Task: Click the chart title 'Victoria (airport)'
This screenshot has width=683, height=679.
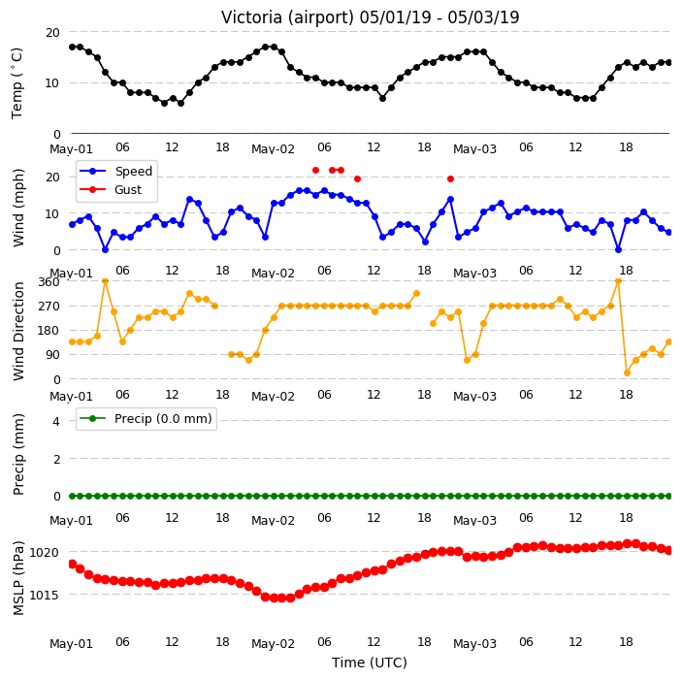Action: [x=287, y=17]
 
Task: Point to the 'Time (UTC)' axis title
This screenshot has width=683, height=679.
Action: [x=370, y=663]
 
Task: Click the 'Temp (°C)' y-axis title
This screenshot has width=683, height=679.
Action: [x=17, y=83]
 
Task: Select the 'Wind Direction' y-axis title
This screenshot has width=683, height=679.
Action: [x=18, y=331]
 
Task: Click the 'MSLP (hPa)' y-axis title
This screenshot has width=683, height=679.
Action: [x=18, y=578]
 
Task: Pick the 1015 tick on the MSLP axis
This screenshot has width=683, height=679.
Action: [x=44, y=595]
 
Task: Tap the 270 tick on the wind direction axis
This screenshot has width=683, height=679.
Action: [x=49, y=307]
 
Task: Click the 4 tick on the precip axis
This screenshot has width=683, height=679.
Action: [x=56, y=421]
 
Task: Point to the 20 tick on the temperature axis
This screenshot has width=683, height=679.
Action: [x=52, y=33]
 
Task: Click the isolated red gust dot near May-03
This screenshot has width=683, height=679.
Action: [x=450, y=179]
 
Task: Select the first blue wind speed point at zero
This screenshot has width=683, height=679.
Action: [x=105, y=250]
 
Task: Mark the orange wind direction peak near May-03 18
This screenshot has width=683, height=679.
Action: [x=618, y=281]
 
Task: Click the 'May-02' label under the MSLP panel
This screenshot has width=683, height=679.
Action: [x=273, y=644]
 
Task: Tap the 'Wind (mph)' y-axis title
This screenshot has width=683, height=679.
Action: [x=18, y=208]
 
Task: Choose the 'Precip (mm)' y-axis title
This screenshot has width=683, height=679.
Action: [x=18, y=454]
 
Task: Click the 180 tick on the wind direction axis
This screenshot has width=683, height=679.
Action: [x=49, y=331]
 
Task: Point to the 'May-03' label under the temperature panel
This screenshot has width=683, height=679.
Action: [x=474, y=149]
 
